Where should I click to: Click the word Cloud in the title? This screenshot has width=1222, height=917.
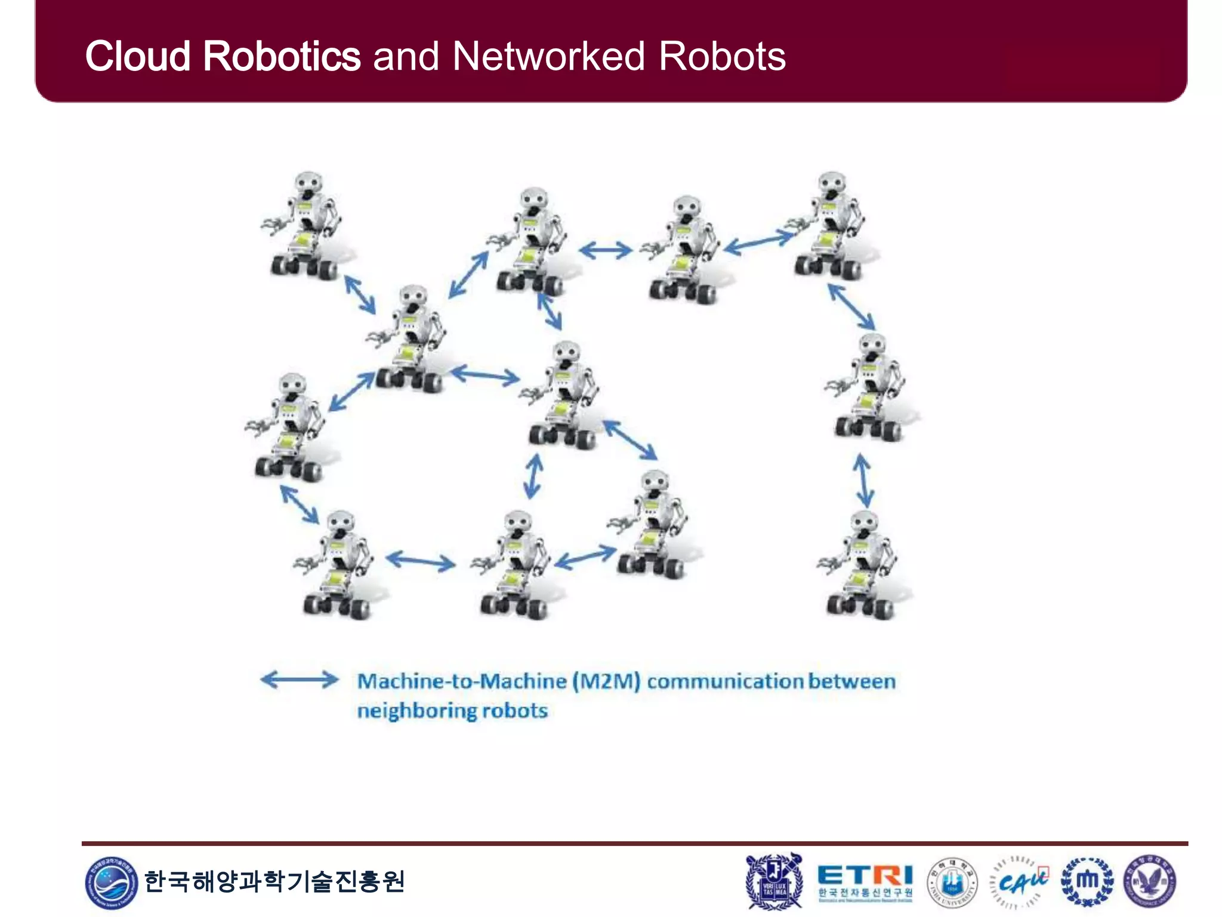(138, 57)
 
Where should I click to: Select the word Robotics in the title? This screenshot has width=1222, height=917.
(282, 57)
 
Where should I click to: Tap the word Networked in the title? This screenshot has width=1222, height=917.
(548, 57)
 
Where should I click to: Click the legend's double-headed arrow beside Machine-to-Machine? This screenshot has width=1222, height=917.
(300, 679)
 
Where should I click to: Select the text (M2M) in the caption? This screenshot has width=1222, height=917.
(606, 681)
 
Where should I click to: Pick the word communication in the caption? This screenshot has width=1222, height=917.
(724, 681)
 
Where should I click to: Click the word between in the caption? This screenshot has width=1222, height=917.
(851, 681)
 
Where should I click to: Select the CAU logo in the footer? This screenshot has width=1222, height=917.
(1020, 882)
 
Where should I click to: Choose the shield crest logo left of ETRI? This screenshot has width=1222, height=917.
(774, 881)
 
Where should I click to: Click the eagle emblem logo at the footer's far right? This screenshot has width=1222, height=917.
(1150, 882)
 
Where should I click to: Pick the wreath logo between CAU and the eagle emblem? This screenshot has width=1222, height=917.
(1087, 882)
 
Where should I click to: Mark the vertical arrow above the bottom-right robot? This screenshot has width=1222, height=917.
(863, 480)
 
